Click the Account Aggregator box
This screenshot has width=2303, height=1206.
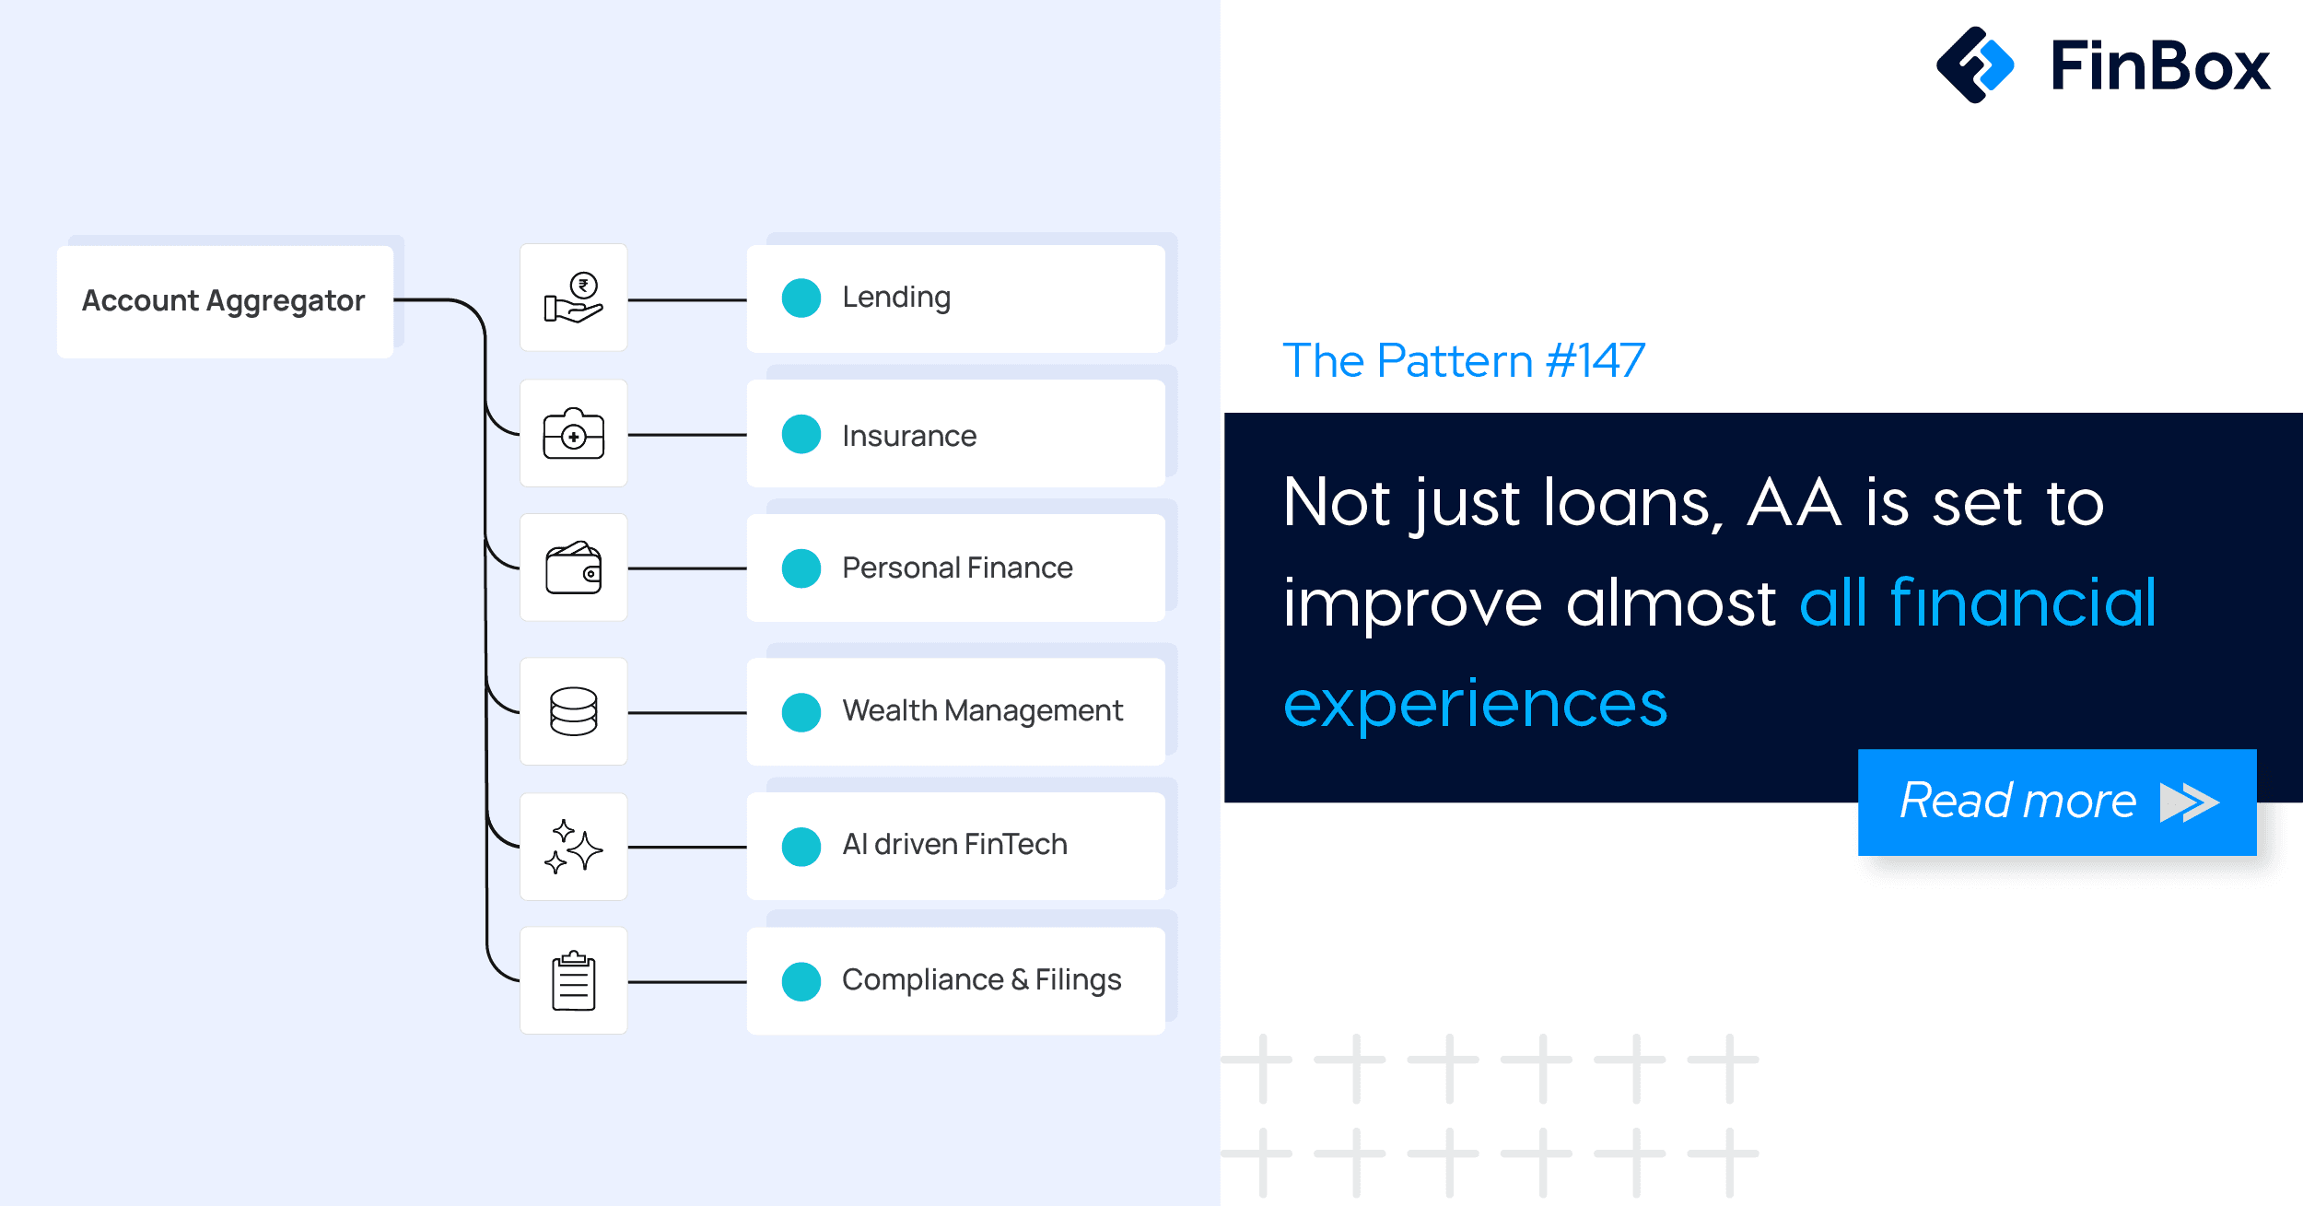[x=225, y=301]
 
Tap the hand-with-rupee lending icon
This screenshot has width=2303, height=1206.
[x=573, y=298]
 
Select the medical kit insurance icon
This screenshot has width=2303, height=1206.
[x=573, y=433]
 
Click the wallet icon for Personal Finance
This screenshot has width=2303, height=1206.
[x=573, y=568]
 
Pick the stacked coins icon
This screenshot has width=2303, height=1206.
[x=573, y=711]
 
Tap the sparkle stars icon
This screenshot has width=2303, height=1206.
[x=573, y=846]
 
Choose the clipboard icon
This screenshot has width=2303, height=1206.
[x=573, y=980]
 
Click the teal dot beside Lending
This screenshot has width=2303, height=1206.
[x=801, y=298]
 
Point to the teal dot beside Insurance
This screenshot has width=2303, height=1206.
[x=801, y=434]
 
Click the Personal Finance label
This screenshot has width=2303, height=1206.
[x=957, y=568]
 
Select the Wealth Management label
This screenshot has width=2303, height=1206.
[x=982, y=711]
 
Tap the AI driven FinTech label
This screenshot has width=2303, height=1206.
[x=954, y=845]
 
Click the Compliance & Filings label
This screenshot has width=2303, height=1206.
[x=981, y=980]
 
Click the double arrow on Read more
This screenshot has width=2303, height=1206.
[x=2189, y=802]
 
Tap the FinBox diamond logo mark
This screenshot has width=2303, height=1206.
[x=1975, y=64]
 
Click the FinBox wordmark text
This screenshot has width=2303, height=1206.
[x=2160, y=65]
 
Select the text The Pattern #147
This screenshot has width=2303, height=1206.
[x=1464, y=360]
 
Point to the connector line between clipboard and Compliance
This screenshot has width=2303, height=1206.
[x=687, y=982]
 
